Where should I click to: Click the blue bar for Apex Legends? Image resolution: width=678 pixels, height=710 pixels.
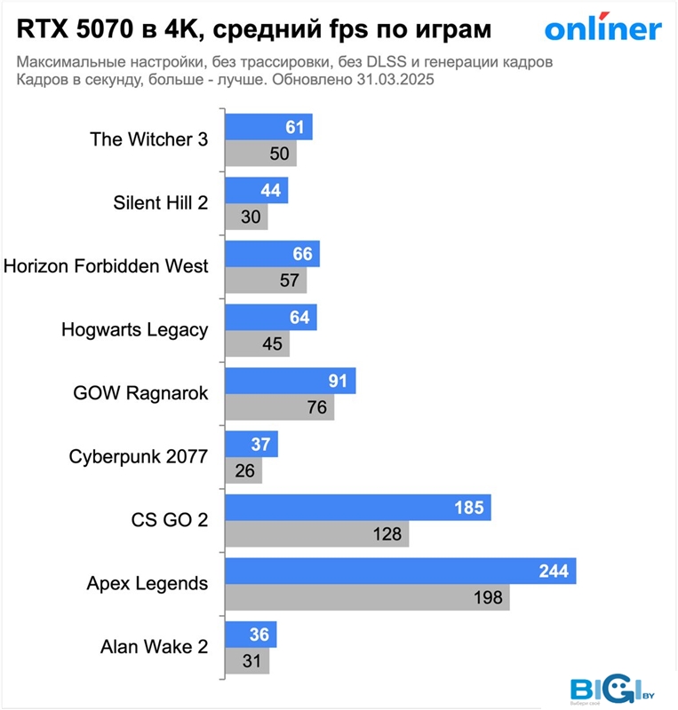coord(400,572)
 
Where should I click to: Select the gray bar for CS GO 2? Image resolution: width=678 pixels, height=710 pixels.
coord(316,534)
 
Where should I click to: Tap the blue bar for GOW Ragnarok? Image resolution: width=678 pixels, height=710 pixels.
coord(290,382)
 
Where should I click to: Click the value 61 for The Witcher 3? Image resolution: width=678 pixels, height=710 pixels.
coord(295,128)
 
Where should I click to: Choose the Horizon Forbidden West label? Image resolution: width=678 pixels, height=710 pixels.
coord(107,266)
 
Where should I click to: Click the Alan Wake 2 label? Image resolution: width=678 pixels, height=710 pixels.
coord(155,647)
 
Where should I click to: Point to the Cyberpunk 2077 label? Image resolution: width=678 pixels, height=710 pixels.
coord(138,457)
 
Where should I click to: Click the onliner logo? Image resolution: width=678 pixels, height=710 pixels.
coord(602,29)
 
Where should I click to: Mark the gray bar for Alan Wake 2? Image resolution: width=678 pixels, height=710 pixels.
coord(246,661)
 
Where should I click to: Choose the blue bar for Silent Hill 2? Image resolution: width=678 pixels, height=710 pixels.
coord(256,191)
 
